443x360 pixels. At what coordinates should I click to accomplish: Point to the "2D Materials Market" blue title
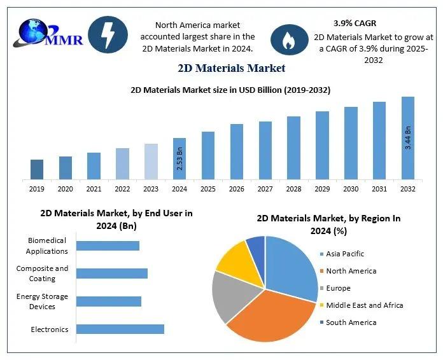231,68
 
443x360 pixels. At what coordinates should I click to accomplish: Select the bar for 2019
37,169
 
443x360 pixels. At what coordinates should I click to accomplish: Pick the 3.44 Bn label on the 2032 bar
408,138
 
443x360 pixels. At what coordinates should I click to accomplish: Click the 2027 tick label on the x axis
265,189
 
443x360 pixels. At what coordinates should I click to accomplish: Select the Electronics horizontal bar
120,329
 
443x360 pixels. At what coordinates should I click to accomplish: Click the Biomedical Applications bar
108,246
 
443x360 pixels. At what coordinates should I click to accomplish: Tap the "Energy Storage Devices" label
43,301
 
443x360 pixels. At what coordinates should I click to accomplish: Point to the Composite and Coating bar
112,273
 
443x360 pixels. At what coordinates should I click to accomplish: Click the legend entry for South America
351,322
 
